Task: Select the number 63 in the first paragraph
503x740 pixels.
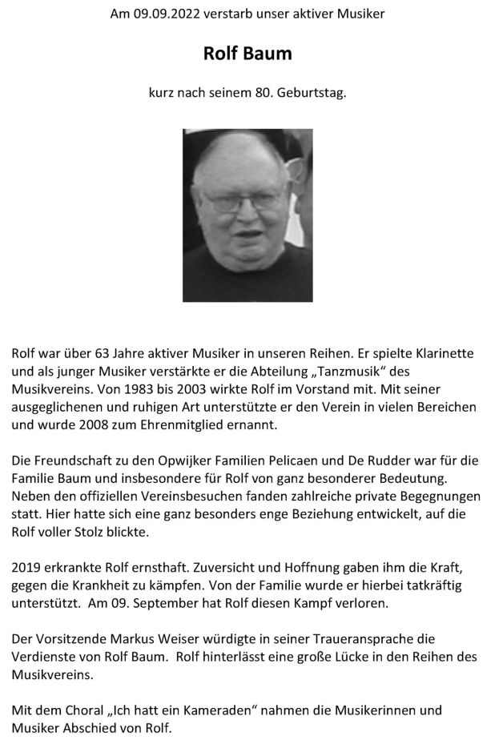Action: pyautogui.click(x=101, y=353)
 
